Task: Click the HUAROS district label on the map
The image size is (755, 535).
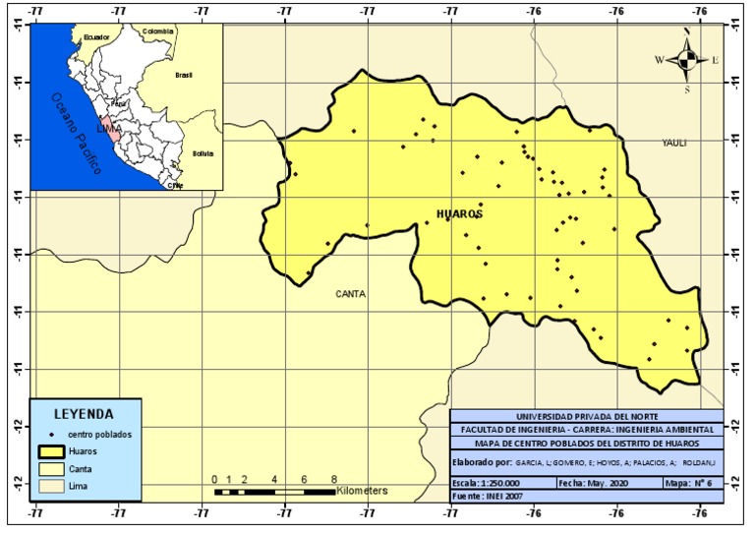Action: (460, 213)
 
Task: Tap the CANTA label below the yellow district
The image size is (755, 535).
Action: (352, 293)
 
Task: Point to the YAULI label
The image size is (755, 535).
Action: (673, 143)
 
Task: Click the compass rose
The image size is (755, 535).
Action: (687, 60)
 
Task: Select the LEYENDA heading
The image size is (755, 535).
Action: (84, 414)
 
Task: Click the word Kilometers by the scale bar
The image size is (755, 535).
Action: (363, 489)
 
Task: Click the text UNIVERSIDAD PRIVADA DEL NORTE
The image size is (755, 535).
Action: (588, 416)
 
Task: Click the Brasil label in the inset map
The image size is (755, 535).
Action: (184, 75)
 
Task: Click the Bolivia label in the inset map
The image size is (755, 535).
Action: (203, 153)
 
